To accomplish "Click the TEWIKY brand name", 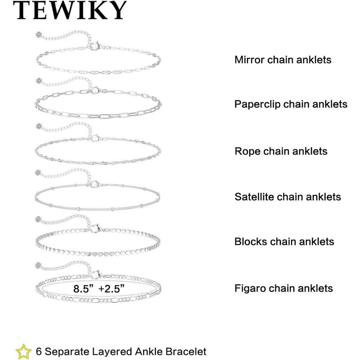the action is tap(70, 10).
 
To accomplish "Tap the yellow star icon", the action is tap(23, 351).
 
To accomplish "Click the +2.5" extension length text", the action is tap(111, 288).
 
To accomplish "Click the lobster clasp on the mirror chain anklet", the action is tap(94, 45).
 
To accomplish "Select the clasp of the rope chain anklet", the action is tap(94, 138).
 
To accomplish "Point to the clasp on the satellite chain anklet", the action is tap(94, 184).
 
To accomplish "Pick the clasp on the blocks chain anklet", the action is tap(94, 228).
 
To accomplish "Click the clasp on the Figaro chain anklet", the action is tap(95, 274).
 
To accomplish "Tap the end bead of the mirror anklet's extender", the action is tap(38, 35).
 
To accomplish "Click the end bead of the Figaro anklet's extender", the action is tap(38, 265).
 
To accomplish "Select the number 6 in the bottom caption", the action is tap(39, 351).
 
